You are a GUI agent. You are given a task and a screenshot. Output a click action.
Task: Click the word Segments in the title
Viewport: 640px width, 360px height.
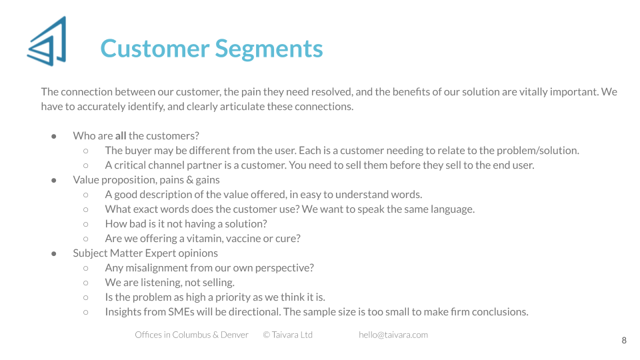click(x=269, y=49)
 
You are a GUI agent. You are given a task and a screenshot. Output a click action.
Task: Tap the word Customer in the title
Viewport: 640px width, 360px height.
click(x=155, y=49)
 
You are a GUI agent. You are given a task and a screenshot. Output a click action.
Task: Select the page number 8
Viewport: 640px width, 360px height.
click(x=624, y=341)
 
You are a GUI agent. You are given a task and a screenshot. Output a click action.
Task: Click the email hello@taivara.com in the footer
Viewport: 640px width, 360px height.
click(x=393, y=335)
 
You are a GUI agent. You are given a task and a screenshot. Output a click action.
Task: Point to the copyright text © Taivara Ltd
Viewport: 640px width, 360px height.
click(x=288, y=335)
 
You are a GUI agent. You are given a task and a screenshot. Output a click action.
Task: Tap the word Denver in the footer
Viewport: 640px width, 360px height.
click(x=234, y=335)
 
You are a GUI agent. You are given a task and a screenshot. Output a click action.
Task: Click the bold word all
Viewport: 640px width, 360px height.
click(x=121, y=135)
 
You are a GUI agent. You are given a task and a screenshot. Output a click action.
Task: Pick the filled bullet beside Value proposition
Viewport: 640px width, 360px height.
click(x=54, y=180)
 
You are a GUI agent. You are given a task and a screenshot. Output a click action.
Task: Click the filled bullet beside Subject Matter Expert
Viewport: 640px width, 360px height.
click(x=54, y=253)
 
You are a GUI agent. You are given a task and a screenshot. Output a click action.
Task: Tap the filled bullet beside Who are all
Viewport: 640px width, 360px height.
click(x=54, y=136)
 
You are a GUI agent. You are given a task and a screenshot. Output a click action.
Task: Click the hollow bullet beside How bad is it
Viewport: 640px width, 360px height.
click(x=86, y=224)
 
